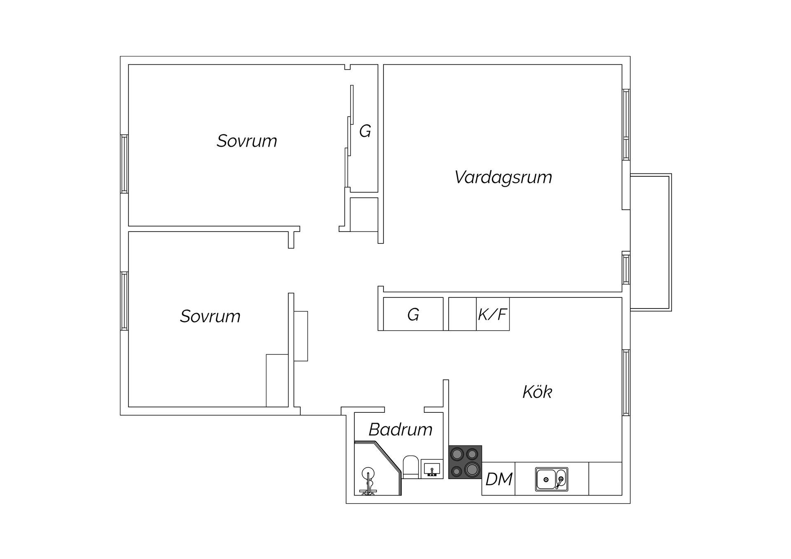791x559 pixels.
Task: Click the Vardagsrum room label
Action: coord(503,178)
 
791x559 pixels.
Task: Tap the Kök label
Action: coord(537,392)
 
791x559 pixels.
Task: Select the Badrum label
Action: coord(400,430)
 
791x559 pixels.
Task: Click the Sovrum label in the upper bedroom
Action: coord(247,141)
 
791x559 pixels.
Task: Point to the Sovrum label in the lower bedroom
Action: coord(210,316)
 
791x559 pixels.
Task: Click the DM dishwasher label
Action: coord(499,479)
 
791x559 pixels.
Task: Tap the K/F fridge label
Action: coord(492,315)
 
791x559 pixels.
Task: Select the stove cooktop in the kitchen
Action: coord(465,462)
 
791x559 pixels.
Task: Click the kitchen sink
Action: coord(552,479)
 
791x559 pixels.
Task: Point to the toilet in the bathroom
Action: coord(411,467)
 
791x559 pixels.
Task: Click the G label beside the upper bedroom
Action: coord(365,131)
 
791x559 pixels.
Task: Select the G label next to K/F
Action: coord(413,315)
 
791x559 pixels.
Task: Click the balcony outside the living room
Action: coord(651,242)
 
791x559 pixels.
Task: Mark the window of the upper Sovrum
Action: coord(124,164)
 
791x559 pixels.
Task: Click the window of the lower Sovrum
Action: coord(124,301)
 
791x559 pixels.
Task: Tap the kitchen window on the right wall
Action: coord(626,383)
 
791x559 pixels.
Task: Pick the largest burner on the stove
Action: coord(472,469)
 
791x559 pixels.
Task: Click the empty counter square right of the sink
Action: coord(605,479)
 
